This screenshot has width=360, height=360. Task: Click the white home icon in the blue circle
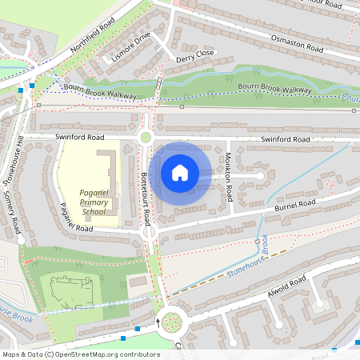click(180, 172)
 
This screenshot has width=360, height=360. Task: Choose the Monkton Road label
click(228, 177)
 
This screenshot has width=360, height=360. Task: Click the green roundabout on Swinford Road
click(146, 138)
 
